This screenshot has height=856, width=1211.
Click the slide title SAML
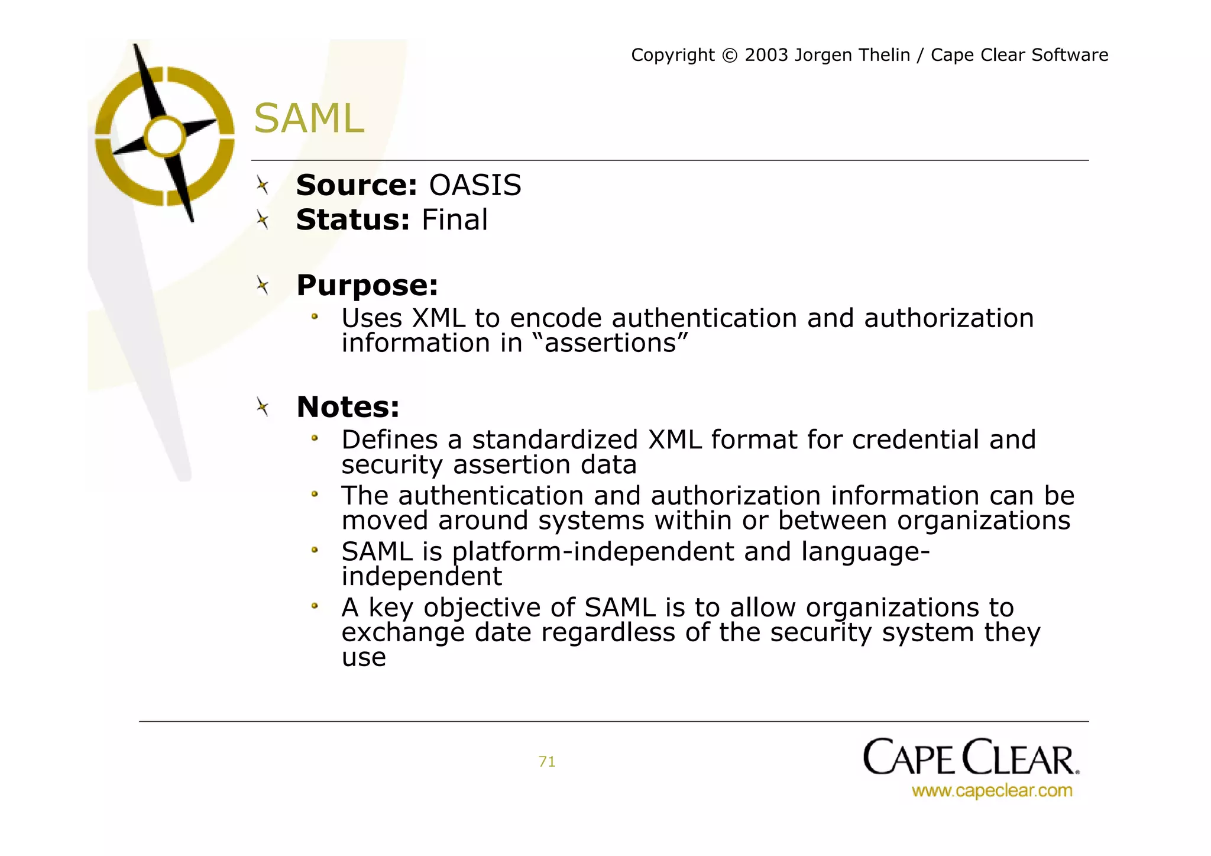click(x=309, y=118)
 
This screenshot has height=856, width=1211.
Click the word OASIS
click(x=475, y=186)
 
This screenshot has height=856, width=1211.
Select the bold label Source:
click(x=357, y=186)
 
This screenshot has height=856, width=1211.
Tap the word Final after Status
click(x=454, y=220)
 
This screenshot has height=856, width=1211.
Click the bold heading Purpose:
click(x=367, y=286)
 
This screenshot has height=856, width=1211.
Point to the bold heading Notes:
click(x=348, y=407)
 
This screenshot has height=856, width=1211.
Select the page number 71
click(x=547, y=762)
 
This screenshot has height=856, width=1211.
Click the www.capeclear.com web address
click(x=992, y=791)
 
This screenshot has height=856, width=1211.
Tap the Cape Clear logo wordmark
click(x=970, y=757)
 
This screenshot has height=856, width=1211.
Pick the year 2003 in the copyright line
click(x=766, y=55)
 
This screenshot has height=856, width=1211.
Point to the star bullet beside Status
click(x=263, y=221)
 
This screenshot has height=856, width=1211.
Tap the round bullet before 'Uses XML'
click(x=315, y=318)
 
